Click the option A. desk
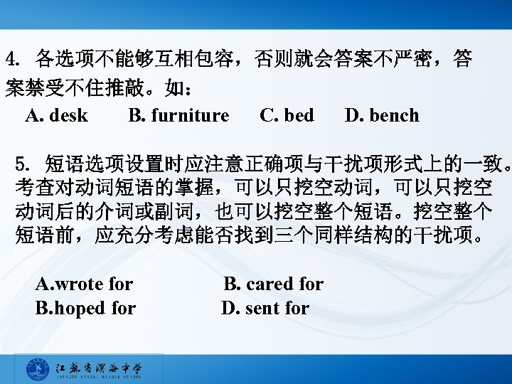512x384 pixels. pyautogui.click(x=56, y=115)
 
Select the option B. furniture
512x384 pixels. pyautogui.click(x=178, y=115)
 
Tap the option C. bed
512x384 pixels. pyautogui.click(x=287, y=115)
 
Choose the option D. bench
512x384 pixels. pyautogui.click(x=382, y=115)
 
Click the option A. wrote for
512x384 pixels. pyautogui.click(x=84, y=284)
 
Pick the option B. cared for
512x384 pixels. pyautogui.click(x=274, y=284)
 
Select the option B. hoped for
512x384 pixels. pyautogui.click(x=85, y=308)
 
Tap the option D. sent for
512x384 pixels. pyautogui.click(x=265, y=308)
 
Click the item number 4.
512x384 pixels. pyautogui.click(x=11, y=59)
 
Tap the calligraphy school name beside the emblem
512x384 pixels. pyautogui.click(x=99, y=368)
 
